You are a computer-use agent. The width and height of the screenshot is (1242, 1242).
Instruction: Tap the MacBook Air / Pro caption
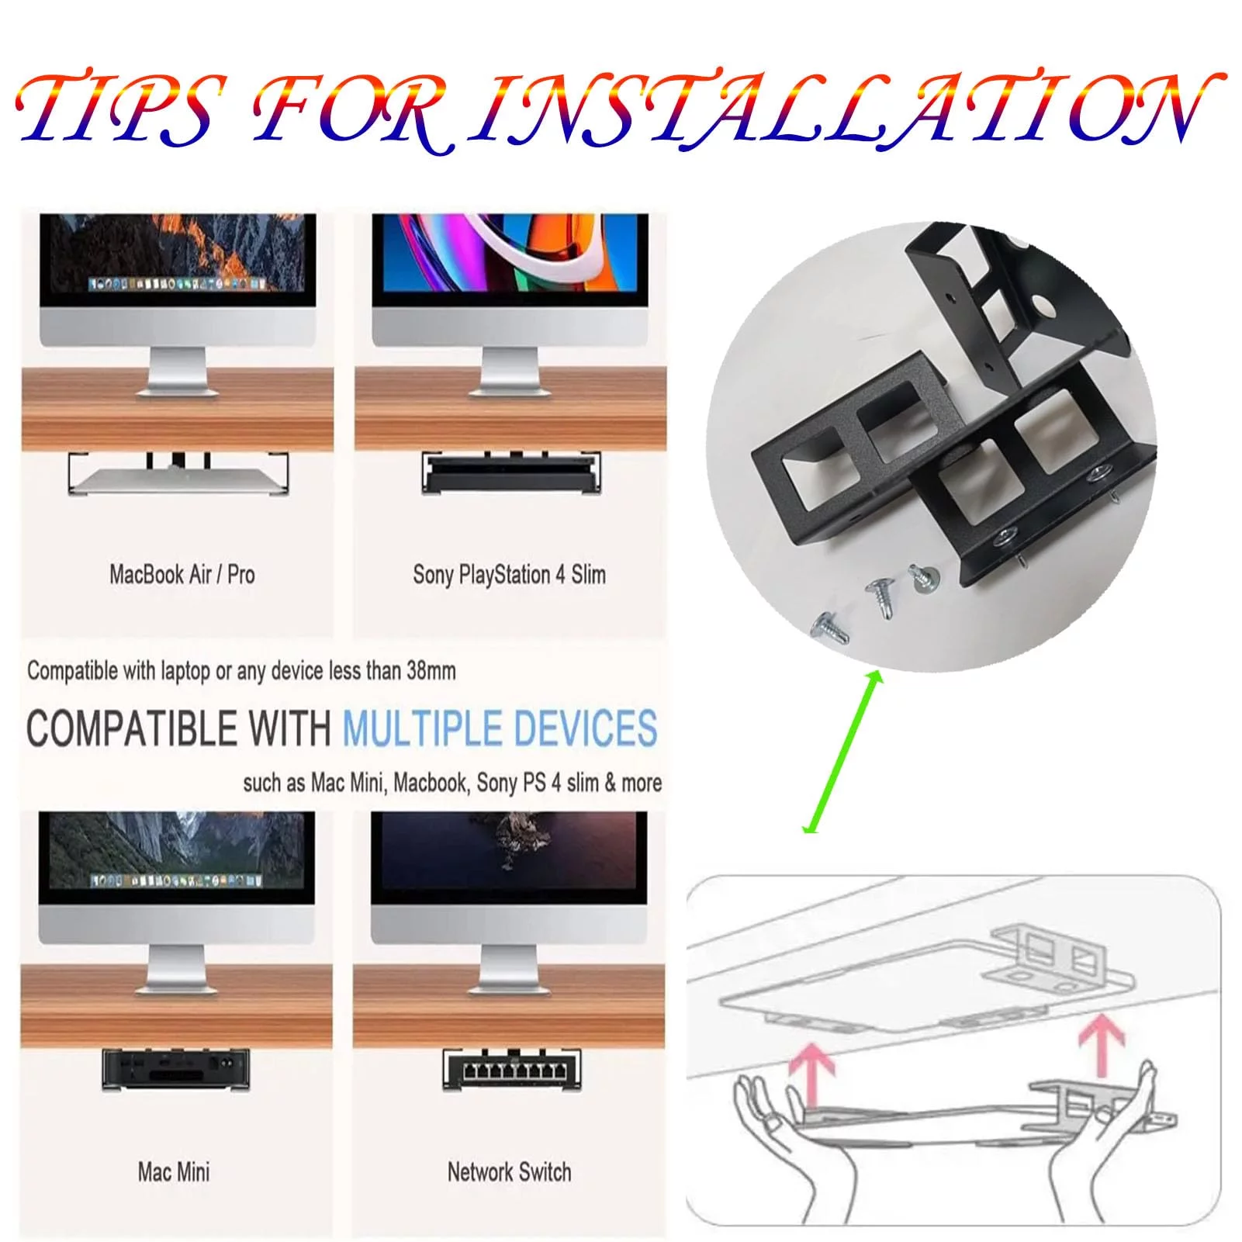(182, 575)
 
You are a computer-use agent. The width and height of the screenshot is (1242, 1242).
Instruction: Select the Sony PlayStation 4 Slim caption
(509, 575)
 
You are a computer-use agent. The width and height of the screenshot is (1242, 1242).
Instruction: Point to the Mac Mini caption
(174, 1171)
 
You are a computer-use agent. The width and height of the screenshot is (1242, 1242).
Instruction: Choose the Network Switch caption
(509, 1171)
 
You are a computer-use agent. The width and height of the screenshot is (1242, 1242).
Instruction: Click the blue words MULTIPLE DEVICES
(500, 728)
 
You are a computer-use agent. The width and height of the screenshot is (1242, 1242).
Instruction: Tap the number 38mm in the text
(431, 671)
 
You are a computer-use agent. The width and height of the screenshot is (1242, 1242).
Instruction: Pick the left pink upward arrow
(810, 1074)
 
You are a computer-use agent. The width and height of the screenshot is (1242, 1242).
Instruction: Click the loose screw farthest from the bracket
(829, 629)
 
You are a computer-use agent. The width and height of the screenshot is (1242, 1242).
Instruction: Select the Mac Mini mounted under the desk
(176, 1069)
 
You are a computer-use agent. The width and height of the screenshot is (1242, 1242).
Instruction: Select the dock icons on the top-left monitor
(178, 284)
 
